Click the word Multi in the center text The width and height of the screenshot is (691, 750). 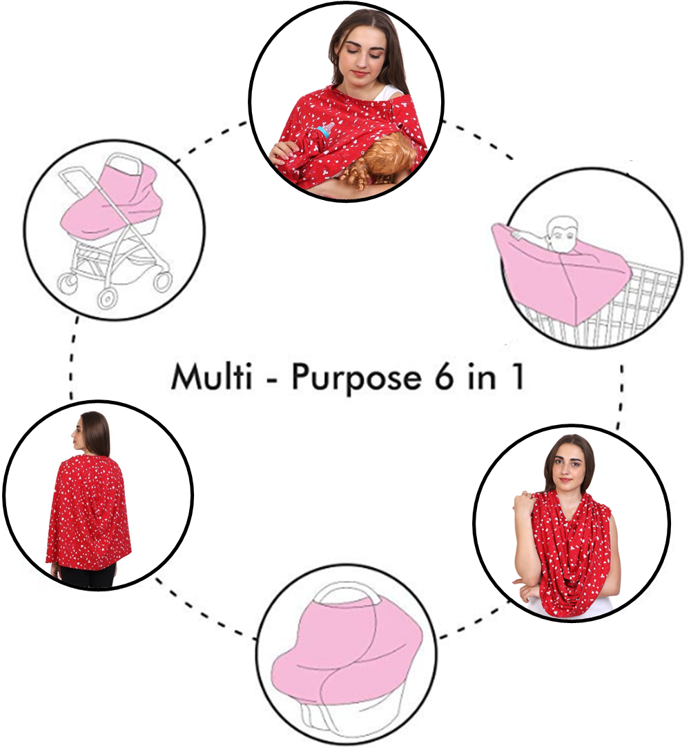click(211, 377)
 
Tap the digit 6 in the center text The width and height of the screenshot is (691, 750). click(444, 377)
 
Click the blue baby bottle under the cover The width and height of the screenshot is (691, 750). click(324, 130)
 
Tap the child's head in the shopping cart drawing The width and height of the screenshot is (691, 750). click(561, 235)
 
